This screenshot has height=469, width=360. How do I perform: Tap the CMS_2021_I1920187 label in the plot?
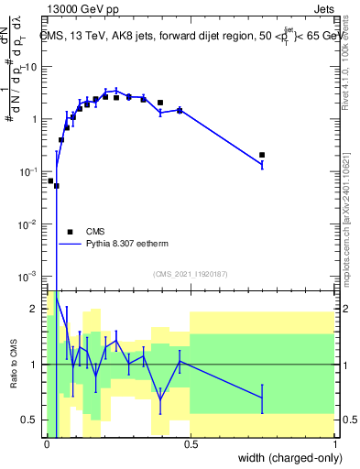coord(190,273)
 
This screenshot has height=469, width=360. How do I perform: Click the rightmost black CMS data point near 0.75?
coord(262,155)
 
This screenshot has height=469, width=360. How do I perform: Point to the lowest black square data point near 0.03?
coord(57,185)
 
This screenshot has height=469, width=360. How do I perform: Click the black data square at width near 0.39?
coord(160,103)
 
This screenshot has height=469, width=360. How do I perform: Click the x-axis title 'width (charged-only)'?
coord(285,457)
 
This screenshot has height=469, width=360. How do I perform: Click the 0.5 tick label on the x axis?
coord(190,443)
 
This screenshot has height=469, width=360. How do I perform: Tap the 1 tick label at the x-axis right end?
coord(335,443)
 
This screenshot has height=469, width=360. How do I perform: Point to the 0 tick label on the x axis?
coord(47,443)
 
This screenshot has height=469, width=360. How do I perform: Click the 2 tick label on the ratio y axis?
coord(35,310)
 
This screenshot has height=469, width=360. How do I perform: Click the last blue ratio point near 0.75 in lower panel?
coord(262,398)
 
